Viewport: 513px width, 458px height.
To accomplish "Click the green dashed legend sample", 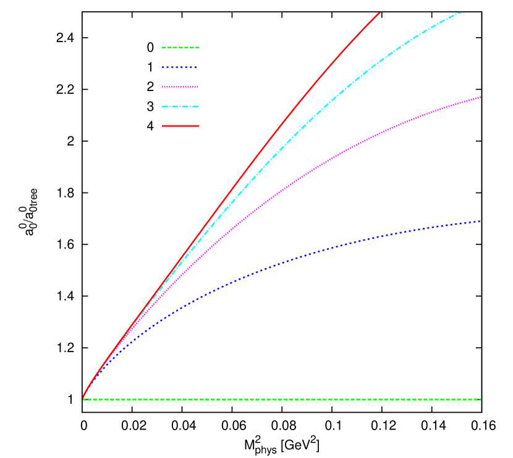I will point(180,48).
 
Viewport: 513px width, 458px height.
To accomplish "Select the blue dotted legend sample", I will point(179,67).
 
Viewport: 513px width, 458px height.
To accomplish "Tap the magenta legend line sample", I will point(180,87).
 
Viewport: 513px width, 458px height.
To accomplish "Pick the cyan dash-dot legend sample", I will point(180,106).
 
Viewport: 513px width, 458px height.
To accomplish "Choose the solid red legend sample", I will point(180,126).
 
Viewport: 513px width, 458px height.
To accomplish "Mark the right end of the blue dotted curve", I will point(480,221).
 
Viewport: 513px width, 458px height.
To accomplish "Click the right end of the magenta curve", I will point(480,97).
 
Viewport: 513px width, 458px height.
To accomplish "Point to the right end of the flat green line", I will point(480,399).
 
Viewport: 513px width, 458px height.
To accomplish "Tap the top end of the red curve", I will point(379,12).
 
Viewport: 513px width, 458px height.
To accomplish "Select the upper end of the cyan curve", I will point(460,12).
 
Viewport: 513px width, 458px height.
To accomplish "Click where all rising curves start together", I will point(83,397).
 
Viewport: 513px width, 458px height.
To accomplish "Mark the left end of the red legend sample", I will point(163,126).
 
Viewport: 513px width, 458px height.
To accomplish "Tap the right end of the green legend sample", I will point(199,48).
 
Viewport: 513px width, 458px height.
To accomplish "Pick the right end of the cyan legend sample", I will point(198,106).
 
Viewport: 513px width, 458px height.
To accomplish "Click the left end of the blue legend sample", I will point(163,67).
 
